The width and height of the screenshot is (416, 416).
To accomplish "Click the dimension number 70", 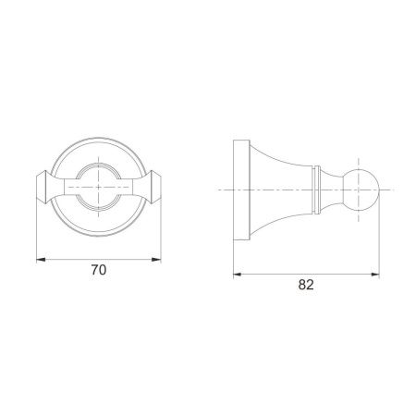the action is point(99,270).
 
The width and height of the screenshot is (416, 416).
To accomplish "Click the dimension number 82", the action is point(306,285).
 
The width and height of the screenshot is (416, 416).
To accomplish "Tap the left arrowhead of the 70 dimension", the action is point(41,260).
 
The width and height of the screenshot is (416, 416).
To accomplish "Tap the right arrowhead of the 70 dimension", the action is point(156,260).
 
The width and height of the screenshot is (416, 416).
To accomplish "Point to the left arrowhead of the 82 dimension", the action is point(238,275).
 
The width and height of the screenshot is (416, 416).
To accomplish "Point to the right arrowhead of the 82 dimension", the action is point(374,275).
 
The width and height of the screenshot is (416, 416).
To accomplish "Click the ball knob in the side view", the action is point(361,190).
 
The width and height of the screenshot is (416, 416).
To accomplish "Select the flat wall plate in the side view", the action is point(241,190).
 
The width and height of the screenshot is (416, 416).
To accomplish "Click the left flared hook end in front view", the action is point(43,187).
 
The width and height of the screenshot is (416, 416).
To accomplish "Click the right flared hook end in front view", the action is point(155,187).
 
